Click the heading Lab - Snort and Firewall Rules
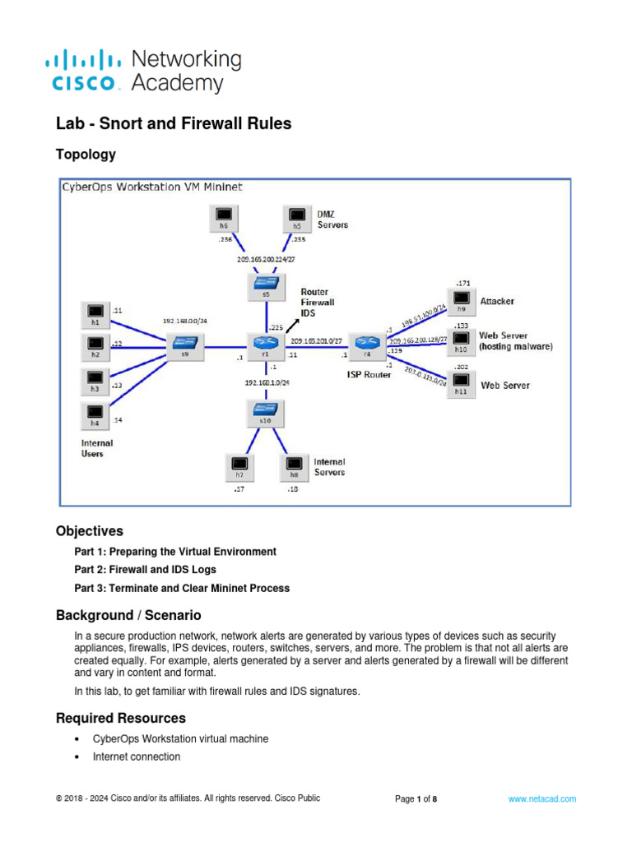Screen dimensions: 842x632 pos(173,124)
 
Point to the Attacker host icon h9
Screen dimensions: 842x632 pos(462,302)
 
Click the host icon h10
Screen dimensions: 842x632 pos(462,342)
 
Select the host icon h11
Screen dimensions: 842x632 pos(462,384)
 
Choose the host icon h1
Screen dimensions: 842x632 pos(95,314)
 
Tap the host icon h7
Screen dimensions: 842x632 pos(239,467)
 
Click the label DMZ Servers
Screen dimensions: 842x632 pos(332,219)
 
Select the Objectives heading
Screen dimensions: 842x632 pos(90,530)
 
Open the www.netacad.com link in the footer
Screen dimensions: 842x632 pos(541,798)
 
